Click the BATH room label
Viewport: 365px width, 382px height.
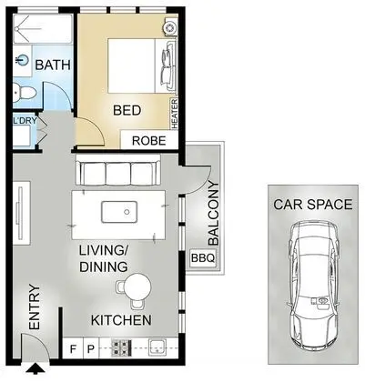coord(53,65)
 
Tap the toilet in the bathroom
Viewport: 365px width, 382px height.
coord(25,92)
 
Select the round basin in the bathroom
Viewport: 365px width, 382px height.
coord(23,60)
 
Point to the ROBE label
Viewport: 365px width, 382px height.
coord(149,141)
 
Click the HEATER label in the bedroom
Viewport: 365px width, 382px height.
coord(175,114)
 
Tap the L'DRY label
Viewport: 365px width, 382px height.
coord(25,120)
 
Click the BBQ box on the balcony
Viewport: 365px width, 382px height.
coord(203,258)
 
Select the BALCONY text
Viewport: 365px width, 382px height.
coord(214,214)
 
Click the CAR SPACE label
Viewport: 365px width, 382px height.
coord(313,205)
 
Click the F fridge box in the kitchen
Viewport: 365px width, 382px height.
coord(73,348)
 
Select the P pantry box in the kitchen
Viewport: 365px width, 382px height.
coord(91,348)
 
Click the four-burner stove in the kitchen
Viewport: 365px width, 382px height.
coord(121,348)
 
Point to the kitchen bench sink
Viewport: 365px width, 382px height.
coord(157,347)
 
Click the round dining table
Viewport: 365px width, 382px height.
coord(138,286)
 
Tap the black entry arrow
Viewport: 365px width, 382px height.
coord(35,368)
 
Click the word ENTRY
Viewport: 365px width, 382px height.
coord(35,307)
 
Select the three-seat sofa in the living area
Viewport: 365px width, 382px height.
coord(118,170)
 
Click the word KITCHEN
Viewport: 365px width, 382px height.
coord(121,320)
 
